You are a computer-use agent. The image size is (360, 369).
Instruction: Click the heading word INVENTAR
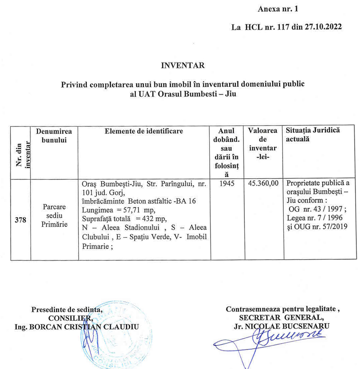tap(183, 66)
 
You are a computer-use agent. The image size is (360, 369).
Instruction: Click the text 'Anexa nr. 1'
tap(278, 9)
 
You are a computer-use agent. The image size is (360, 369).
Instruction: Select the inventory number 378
tap(20, 221)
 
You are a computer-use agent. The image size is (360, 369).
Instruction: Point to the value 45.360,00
tap(263, 184)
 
